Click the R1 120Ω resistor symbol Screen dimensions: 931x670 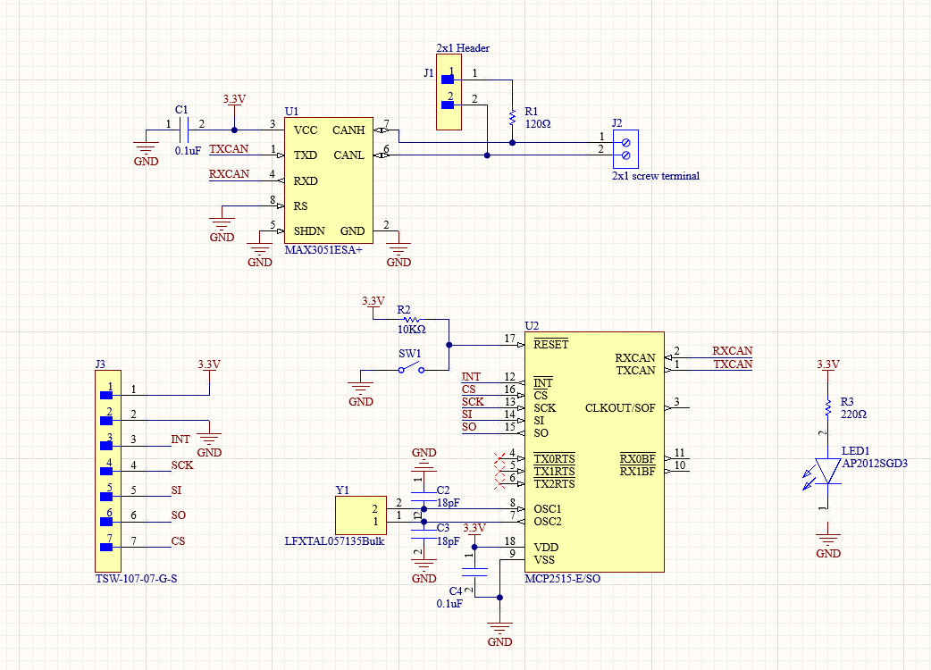tap(512, 118)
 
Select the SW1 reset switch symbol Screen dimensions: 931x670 tap(412, 367)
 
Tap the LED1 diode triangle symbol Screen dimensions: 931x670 tap(827, 471)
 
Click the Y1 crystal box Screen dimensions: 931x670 tap(361, 515)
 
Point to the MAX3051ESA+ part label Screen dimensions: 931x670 tap(323, 250)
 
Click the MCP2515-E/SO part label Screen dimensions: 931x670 tap(562, 579)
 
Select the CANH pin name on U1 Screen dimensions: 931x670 tap(348, 130)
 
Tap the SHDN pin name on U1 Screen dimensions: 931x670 tap(309, 230)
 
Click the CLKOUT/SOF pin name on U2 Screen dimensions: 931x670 tap(620, 408)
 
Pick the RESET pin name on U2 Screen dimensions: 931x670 tap(551, 344)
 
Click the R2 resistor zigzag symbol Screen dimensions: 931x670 tap(412, 319)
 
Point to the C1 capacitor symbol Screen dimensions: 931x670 tap(183, 130)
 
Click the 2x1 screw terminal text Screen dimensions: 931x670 tap(656, 176)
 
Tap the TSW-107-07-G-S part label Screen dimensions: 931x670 tap(136, 579)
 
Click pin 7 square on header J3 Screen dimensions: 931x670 tap(106, 547)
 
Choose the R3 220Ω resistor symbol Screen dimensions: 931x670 tap(827, 407)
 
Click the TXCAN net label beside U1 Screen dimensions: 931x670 tap(229, 149)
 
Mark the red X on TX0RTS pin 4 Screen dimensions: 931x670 tap(500, 459)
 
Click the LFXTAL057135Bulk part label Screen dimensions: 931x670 tap(334, 541)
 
